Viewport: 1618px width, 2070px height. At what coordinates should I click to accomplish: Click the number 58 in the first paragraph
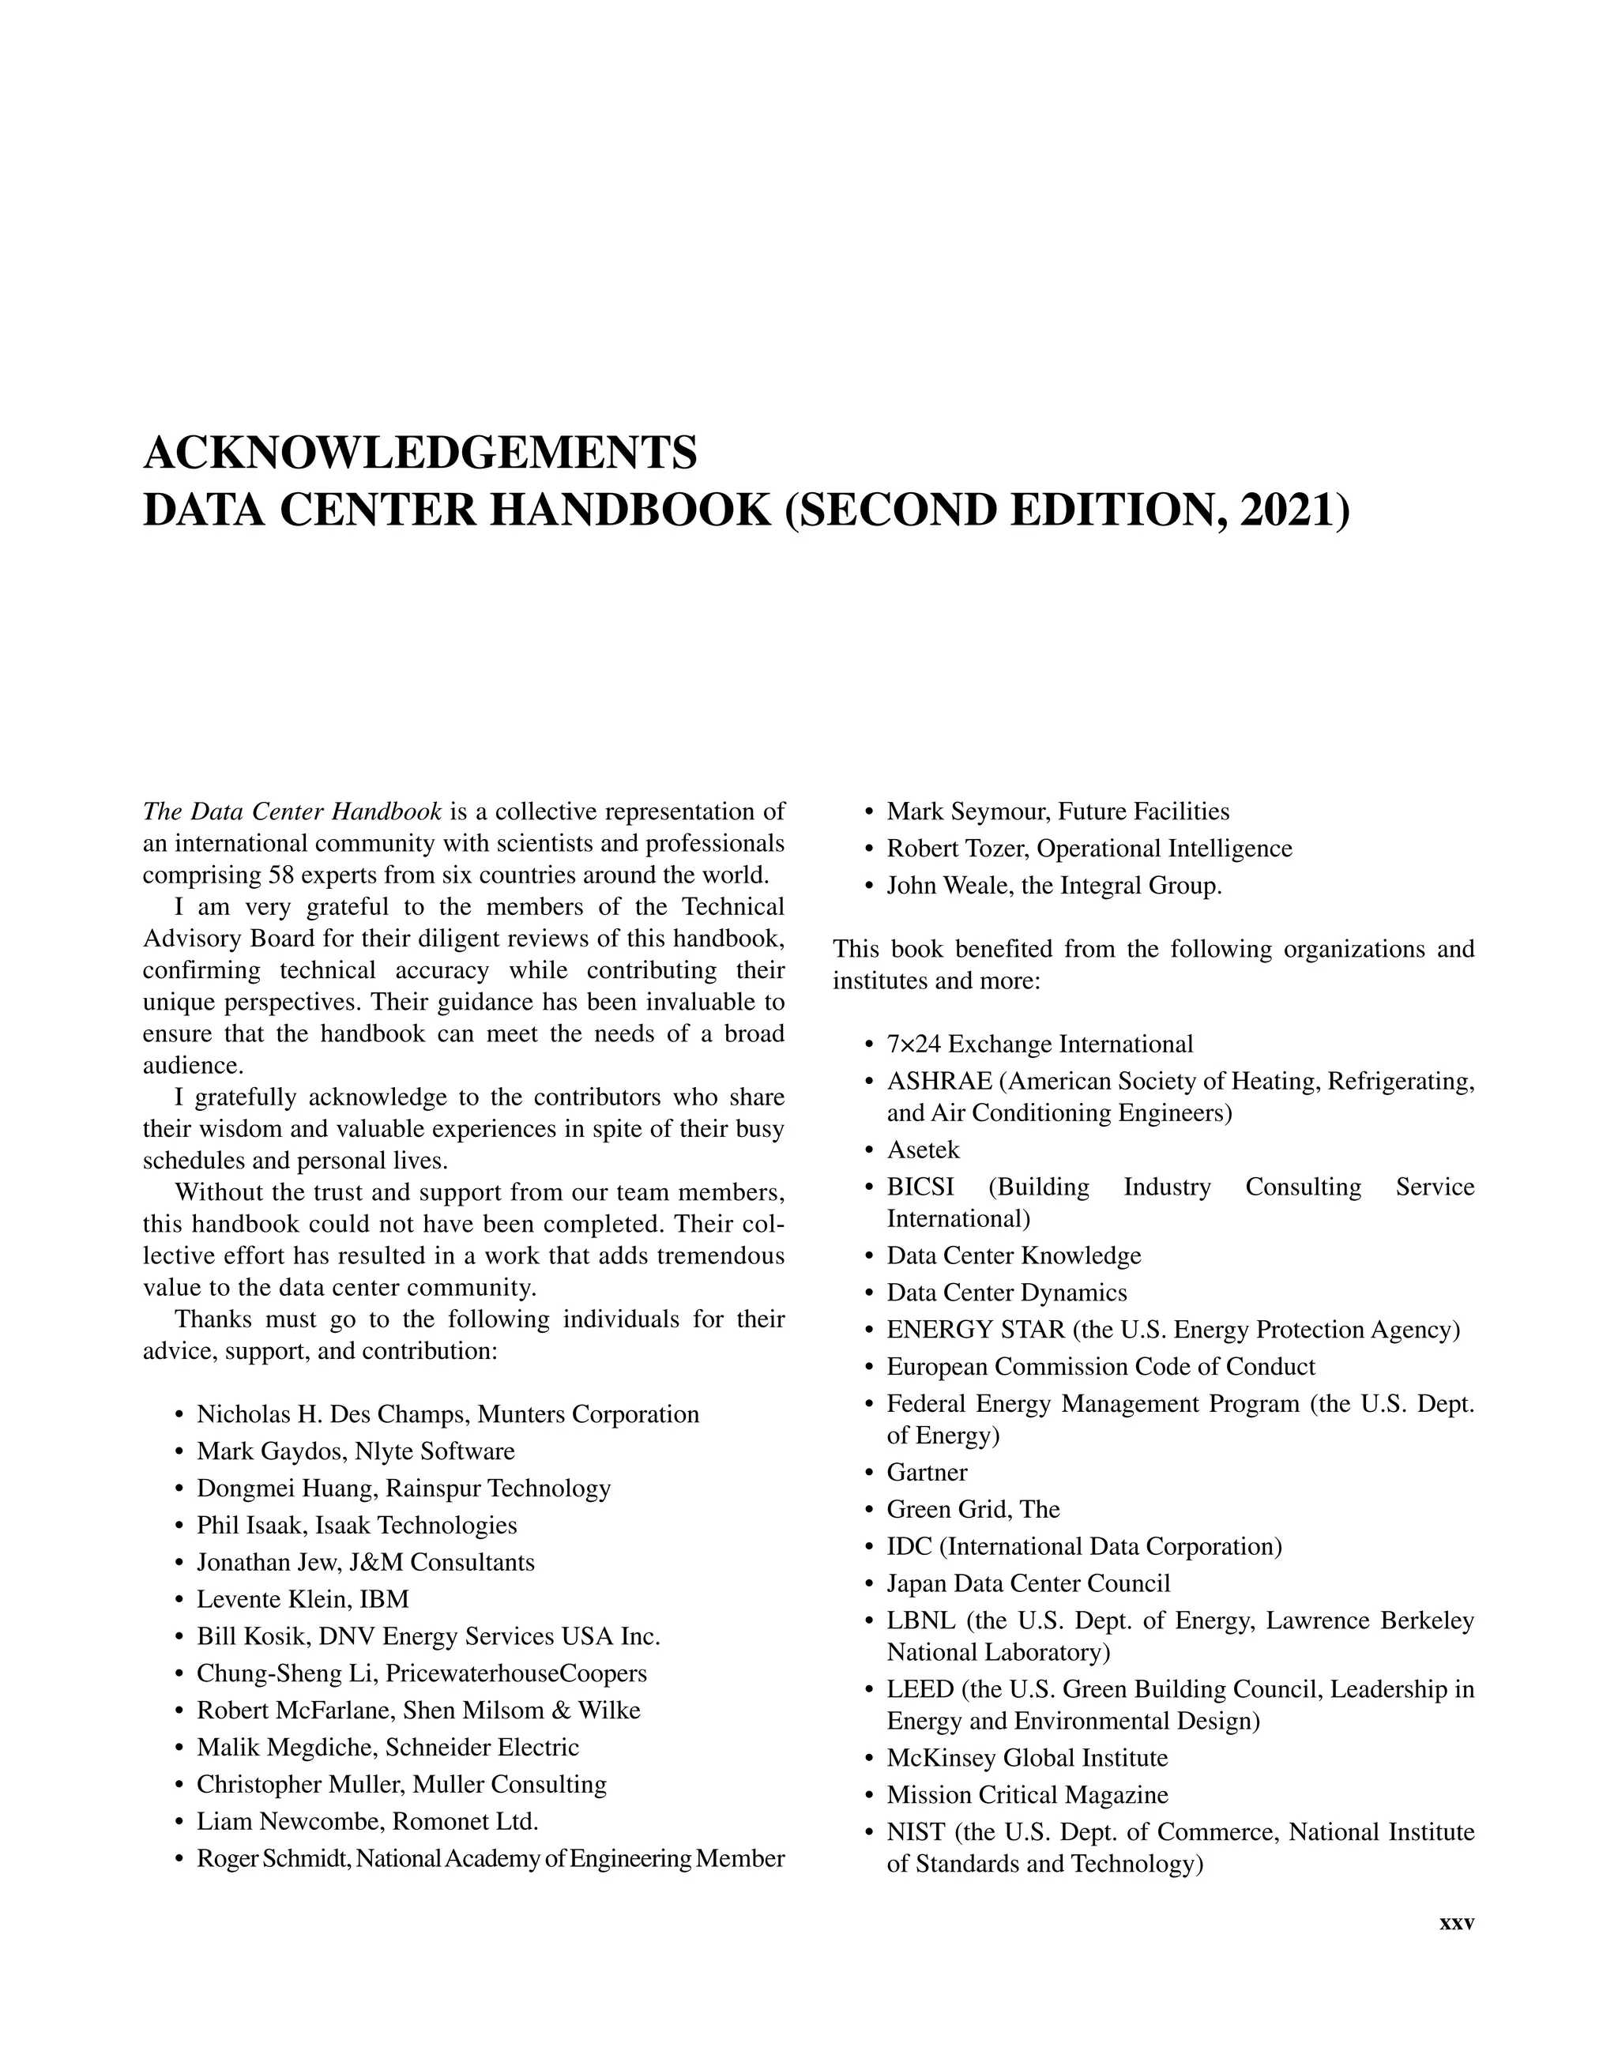tap(284, 874)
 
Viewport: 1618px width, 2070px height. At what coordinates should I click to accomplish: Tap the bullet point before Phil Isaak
tap(179, 1526)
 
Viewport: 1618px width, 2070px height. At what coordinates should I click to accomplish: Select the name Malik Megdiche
tap(285, 1747)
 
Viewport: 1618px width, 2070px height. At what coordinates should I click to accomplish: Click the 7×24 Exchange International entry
tap(1039, 1044)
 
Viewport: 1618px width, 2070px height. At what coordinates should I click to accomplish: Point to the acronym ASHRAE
tap(939, 1081)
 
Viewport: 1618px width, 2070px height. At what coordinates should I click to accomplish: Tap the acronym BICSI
tap(920, 1187)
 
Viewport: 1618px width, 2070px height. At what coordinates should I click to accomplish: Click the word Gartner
tap(926, 1472)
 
